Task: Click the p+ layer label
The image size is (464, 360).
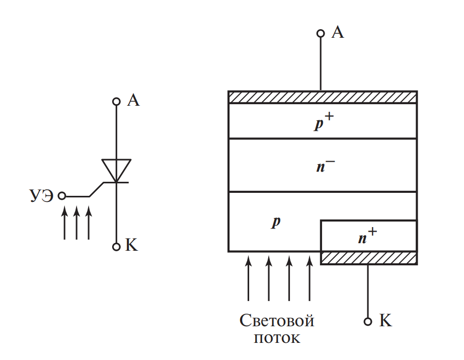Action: pyautogui.click(x=322, y=122)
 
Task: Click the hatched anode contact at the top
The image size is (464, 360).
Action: pyautogui.click(x=322, y=97)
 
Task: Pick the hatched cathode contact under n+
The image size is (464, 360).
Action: pyautogui.click(x=368, y=258)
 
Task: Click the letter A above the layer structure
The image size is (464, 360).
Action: pyautogui.click(x=338, y=33)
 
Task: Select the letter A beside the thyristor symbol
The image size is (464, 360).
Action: pyautogui.click(x=133, y=101)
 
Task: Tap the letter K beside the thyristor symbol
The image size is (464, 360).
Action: pyautogui.click(x=131, y=246)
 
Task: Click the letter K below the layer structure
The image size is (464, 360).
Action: pyautogui.click(x=385, y=321)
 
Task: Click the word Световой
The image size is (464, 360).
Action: pyautogui.click(x=277, y=321)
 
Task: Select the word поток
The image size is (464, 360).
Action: pyautogui.click(x=277, y=337)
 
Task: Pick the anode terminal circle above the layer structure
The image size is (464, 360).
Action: pyautogui.click(x=321, y=34)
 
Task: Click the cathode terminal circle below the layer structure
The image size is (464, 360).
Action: pyautogui.click(x=368, y=321)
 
